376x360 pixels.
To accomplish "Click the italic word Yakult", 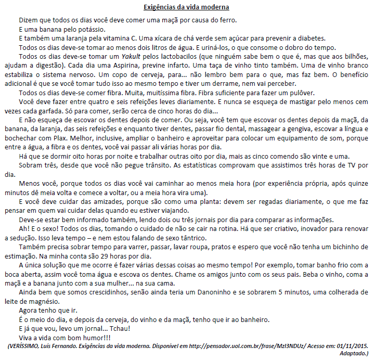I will [x=132, y=57].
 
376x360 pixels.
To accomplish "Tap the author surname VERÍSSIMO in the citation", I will [x=30, y=346].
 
